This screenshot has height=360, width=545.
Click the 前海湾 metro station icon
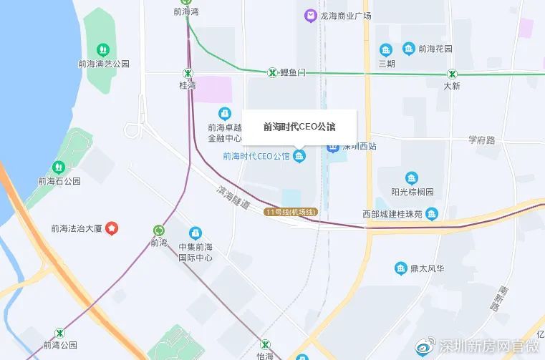coord(188,2)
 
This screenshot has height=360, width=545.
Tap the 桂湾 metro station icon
coord(188,72)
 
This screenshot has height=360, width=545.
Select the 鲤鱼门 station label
coord(293,72)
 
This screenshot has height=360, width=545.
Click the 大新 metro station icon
coord(452,73)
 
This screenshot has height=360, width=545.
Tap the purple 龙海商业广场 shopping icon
coord(310,15)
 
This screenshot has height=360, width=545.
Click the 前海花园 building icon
coord(409,49)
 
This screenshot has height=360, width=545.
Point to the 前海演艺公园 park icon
coord(104,49)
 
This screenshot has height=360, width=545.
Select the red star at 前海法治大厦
coord(112,228)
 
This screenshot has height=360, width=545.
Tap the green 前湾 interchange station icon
coord(158,230)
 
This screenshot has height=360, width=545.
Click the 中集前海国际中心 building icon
coord(195,233)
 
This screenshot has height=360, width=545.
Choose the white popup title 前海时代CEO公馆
coord(299,127)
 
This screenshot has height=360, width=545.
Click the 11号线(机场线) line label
coord(291,212)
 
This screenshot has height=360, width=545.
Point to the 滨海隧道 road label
coord(233,198)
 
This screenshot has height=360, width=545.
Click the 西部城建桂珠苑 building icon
coord(431,213)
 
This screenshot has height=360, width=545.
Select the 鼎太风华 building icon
coord(401,268)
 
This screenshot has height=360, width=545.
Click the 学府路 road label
coord(482,140)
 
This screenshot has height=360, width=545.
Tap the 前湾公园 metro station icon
coord(59,333)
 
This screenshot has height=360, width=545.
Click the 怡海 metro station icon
coord(266,344)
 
